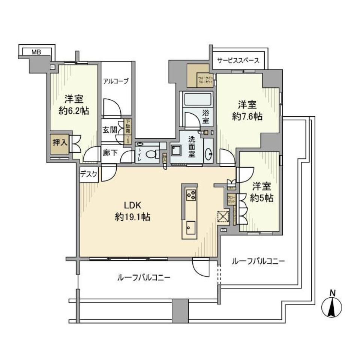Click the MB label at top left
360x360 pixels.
pos(36,52)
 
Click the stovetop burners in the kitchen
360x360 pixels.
pos(190,194)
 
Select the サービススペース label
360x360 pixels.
pos(238,60)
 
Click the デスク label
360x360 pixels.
pos(89,174)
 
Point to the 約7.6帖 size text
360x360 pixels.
pos(247,117)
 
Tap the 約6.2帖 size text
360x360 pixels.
pos(73,111)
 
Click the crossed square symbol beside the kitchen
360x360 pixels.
pos(222,217)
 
